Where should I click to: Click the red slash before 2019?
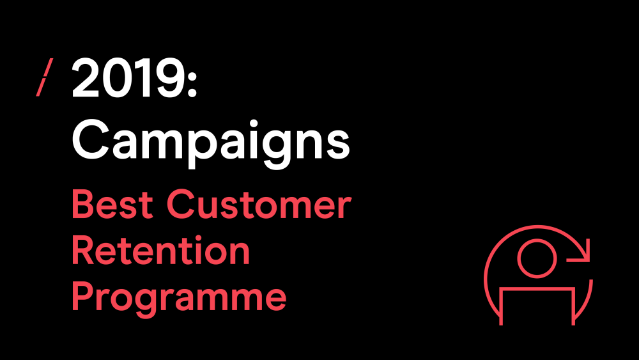(45, 77)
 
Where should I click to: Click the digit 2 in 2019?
(86, 77)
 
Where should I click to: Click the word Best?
(112, 204)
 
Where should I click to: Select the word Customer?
(259, 204)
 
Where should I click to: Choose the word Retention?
(160, 250)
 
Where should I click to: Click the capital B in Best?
(84, 204)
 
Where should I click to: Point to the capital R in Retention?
(84, 250)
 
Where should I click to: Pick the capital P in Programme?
(84, 296)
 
